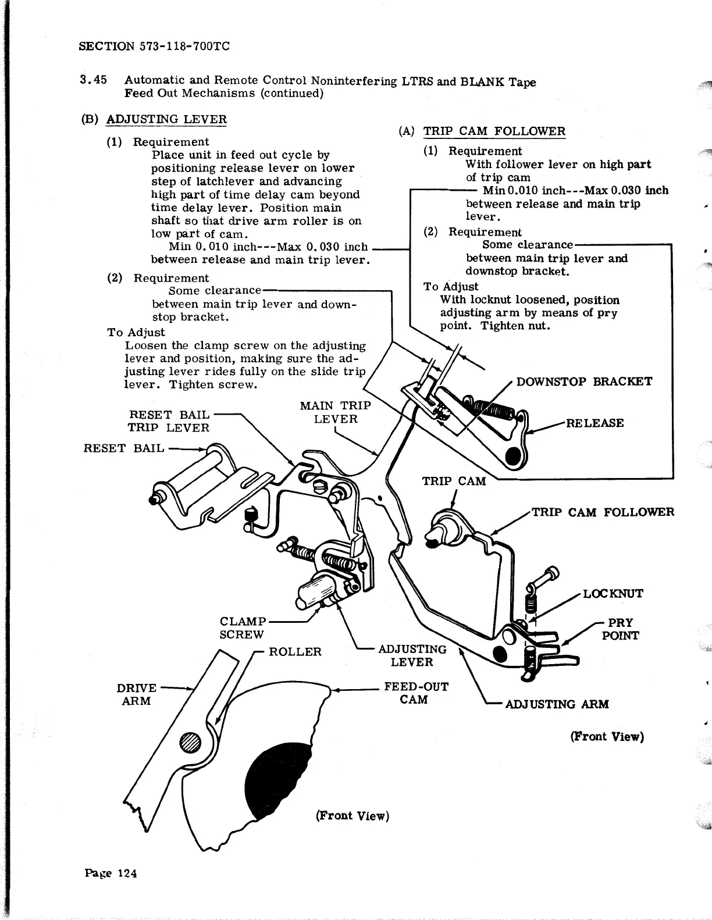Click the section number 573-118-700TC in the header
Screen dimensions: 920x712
tap(185, 46)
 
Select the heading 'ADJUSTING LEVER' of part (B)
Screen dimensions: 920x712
tap(166, 119)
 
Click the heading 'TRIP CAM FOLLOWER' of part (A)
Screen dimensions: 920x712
tap(494, 131)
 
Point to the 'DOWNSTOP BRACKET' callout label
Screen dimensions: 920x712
tap(584, 381)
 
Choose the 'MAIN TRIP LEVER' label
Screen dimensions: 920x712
tap(335, 412)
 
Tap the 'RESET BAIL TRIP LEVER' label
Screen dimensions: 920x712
tap(169, 421)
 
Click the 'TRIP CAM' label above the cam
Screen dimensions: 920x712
tap(454, 481)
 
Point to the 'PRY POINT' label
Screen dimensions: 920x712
tap(620, 629)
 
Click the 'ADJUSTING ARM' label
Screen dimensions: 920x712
tap(557, 704)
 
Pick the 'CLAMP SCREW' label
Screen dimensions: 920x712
tap(242, 627)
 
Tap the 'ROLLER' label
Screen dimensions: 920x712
tap(295, 651)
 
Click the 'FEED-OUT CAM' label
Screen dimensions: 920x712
tap(415, 693)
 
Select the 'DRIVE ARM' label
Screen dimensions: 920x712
tap(137, 694)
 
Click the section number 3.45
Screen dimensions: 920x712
tap(94, 80)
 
